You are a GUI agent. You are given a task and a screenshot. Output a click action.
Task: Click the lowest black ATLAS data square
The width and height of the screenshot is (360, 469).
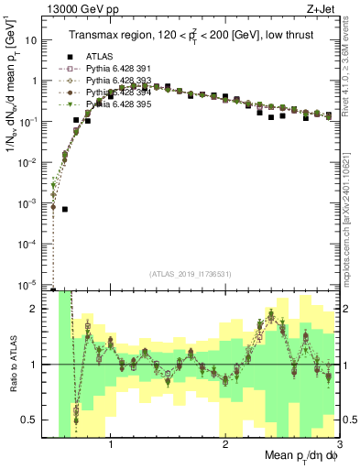(65, 209)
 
